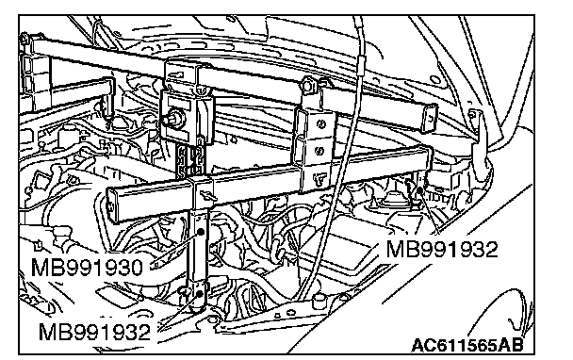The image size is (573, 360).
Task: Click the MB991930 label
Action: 87,268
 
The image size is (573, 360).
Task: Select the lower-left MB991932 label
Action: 94,333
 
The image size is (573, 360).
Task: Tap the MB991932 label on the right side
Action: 442,250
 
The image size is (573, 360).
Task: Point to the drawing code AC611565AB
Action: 467,345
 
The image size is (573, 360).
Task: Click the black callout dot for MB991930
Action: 201,232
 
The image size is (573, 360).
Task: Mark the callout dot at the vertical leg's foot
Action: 200,293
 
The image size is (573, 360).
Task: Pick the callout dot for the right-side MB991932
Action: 420,189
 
